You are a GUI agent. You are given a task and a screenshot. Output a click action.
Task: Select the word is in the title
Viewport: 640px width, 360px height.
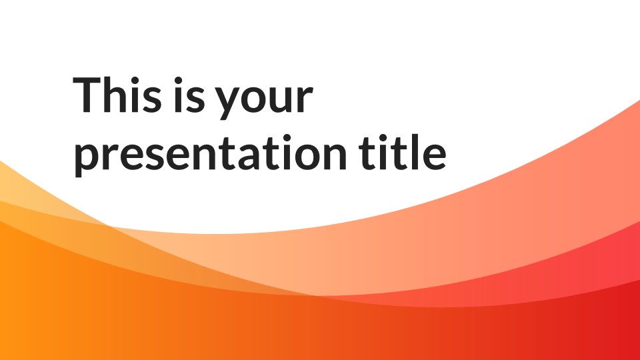point(189,94)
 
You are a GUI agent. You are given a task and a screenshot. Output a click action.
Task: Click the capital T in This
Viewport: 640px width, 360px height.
point(87,94)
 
